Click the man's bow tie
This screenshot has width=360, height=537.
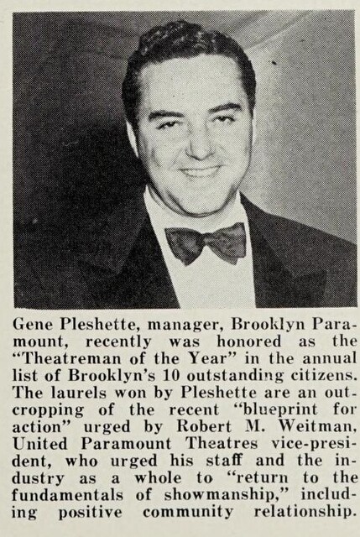(x=206, y=243)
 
